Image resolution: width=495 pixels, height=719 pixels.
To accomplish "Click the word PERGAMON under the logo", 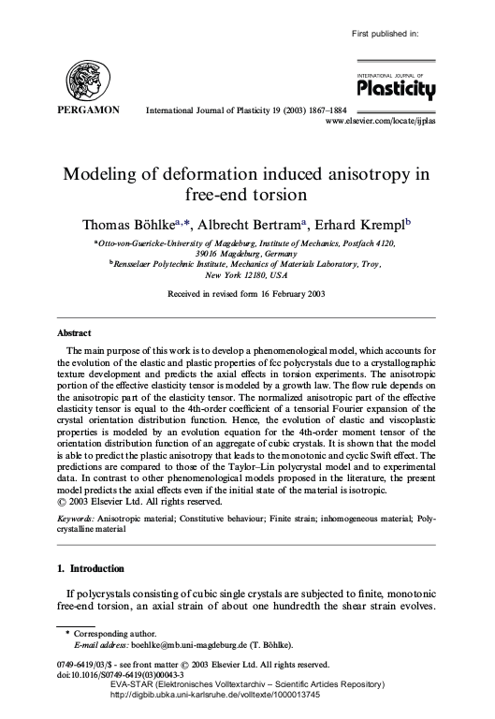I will tap(89, 110).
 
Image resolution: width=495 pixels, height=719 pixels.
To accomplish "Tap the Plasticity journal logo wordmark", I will tap(396, 89).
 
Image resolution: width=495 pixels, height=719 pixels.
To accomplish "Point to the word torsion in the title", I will tap(278, 196).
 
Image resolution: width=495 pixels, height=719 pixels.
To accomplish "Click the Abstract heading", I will tap(74, 333).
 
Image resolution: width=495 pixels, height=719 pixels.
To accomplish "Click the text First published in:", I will tap(384, 34).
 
